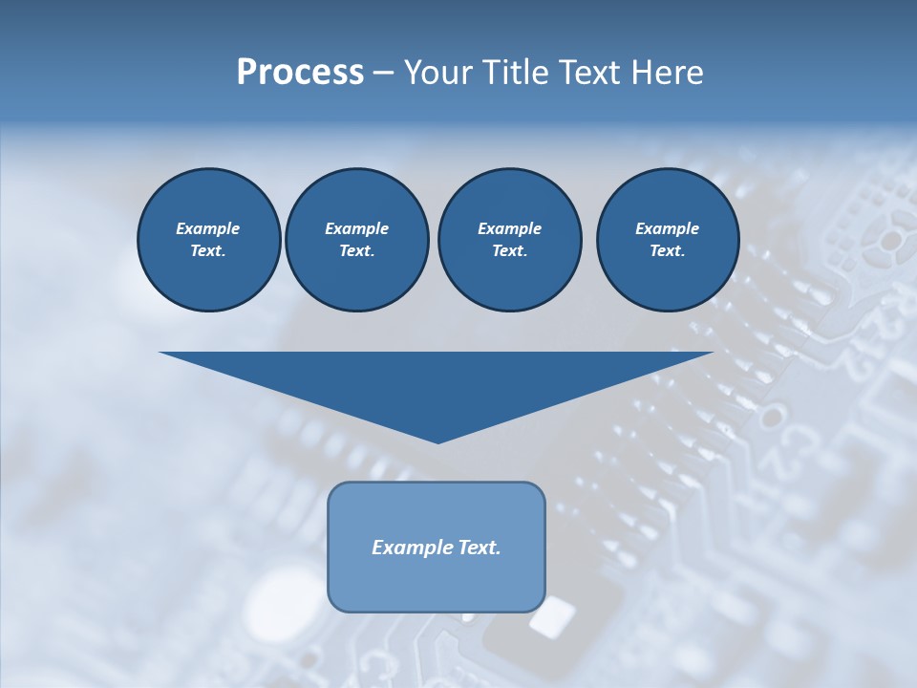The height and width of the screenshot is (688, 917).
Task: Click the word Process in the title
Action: click(x=300, y=73)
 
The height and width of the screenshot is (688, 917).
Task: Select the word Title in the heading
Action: click(x=516, y=73)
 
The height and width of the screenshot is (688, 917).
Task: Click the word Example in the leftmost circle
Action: click(x=208, y=228)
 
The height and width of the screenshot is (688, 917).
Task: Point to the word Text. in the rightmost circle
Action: click(x=667, y=250)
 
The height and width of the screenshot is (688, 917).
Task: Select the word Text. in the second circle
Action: click(x=356, y=250)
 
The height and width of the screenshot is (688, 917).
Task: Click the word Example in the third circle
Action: click(x=509, y=228)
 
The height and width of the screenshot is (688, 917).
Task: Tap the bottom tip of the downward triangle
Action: click(x=437, y=441)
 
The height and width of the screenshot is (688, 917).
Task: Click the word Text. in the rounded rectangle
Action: click(x=478, y=548)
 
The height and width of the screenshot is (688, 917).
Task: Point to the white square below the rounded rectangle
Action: click(x=552, y=618)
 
